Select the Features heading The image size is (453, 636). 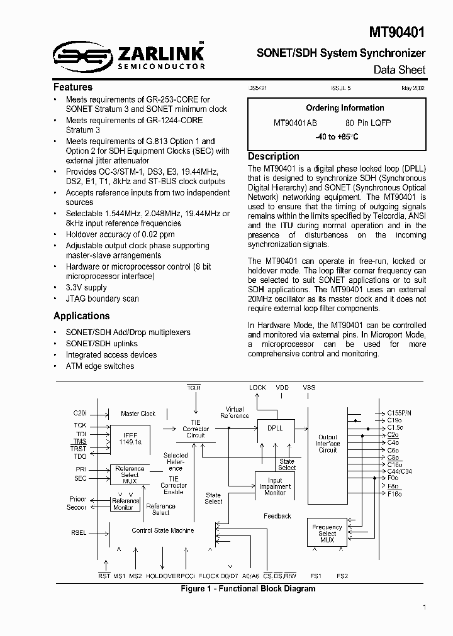(73, 87)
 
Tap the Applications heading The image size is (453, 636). (82, 316)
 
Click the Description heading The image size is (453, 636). (274, 156)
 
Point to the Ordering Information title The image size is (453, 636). (345, 108)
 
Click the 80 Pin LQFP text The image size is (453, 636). (368, 123)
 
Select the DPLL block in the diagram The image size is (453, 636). (275, 427)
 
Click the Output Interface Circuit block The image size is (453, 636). (328, 444)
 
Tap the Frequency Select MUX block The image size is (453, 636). (327, 534)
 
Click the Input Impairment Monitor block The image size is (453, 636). (275, 486)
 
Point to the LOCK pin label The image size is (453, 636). (258, 388)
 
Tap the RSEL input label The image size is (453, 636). (79, 532)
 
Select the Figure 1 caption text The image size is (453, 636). (248, 589)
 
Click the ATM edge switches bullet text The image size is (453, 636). (99, 366)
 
